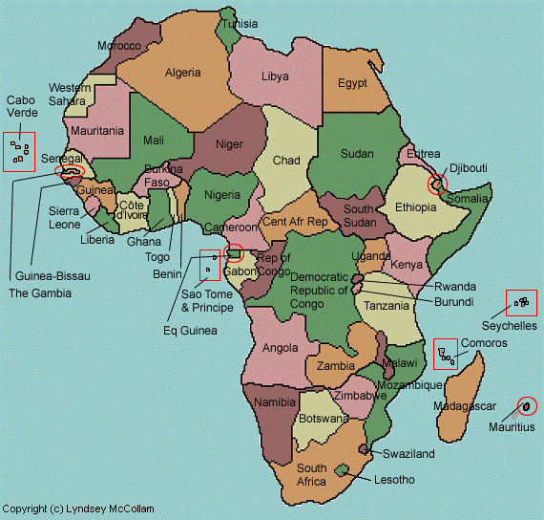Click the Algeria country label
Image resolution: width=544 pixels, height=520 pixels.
(182, 73)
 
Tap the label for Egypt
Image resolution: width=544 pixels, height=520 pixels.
(352, 83)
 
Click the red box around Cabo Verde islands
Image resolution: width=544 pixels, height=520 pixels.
(19, 151)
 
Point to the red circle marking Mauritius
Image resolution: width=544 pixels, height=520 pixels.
(526, 406)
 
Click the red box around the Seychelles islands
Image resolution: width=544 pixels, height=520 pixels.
(521, 303)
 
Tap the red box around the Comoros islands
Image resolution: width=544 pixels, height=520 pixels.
(444, 354)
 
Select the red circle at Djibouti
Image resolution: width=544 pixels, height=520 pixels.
(437, 184)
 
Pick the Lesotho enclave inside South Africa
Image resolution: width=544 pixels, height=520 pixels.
(343, 469)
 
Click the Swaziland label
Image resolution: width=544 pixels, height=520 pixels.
(408, 454)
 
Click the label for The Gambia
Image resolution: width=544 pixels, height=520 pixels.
(40, 293)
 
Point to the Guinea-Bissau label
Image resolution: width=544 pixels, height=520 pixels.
(47, 276)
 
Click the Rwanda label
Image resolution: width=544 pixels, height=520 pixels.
(454, 287)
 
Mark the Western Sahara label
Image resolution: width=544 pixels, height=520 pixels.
(70, 95)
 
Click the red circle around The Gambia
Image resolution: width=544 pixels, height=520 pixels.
(71, 173)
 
